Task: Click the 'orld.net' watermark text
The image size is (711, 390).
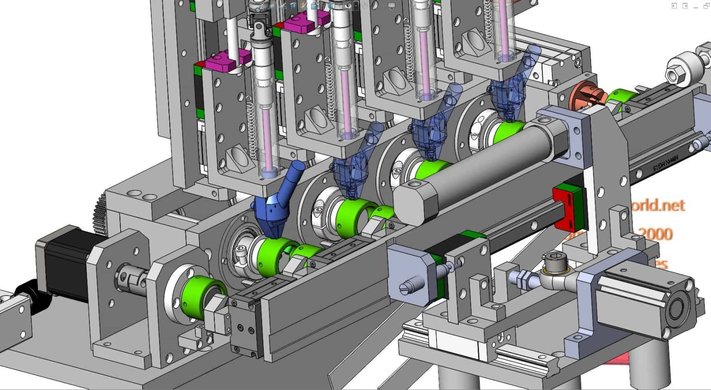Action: click(657, 205)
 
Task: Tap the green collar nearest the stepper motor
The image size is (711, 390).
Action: click(199, 300)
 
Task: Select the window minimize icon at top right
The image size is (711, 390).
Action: click(696, 6)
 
